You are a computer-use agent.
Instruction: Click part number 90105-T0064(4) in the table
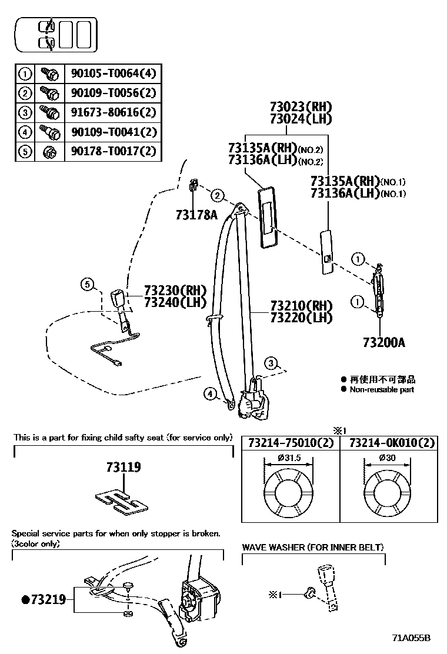click(x=114, y=74)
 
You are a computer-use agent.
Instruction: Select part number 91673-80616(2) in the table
click(x=114, y=112)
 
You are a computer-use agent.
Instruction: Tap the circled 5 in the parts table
click(x=25, y=151)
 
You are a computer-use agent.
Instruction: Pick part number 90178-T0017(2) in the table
click(x=114, y=151)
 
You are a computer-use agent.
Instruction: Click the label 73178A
click(x=196, y=215)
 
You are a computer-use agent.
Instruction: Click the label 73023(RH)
click(x=301, y=107)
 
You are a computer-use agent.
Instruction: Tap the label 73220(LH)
click(x=301, y=318)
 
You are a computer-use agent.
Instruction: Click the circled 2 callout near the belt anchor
click(x=217, y=195)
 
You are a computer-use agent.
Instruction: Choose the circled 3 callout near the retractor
click(x=270, y=363)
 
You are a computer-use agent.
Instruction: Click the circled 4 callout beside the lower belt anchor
click(x=210, y=394)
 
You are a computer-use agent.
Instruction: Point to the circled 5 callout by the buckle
click(x=87, y=286)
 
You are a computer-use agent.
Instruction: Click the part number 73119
click(x=124, y=468)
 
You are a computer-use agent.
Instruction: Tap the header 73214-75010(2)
click(x=291, y=443)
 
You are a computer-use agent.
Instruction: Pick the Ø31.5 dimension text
click(x=289, y=458)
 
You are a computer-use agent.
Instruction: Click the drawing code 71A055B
click(x=412, y=638)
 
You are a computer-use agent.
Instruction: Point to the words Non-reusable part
click(x=382, y=389)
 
